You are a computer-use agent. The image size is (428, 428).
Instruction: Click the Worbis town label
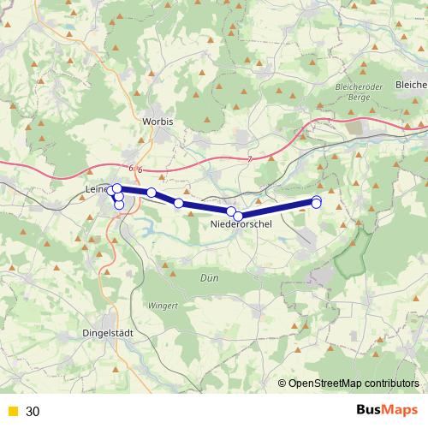(x=158, y=122)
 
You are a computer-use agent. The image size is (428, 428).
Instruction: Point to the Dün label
(x=209, y=278)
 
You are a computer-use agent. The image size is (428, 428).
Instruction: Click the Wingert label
(x=162, y=306)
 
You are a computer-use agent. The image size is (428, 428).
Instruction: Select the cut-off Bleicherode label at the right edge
(x=411, y=85)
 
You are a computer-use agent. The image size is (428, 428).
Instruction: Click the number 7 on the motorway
(x=249, y=160)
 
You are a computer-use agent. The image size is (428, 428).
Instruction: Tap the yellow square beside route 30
(x=12, y=411)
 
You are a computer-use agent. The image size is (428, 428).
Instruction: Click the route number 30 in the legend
(x=33, y=411)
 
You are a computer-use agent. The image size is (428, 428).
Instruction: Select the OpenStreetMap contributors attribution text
(x=353, y=383)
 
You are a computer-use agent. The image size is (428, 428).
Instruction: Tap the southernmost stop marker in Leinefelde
(x=119, y=205)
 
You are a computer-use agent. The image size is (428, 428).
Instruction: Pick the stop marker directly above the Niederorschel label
(x=239, y=216)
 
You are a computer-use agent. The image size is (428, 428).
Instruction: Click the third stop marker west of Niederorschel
(x=152, y=193)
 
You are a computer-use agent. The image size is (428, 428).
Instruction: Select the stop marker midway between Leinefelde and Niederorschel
(x=179, y=203)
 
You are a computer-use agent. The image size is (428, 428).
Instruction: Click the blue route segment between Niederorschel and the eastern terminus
(x=278, y=209)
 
